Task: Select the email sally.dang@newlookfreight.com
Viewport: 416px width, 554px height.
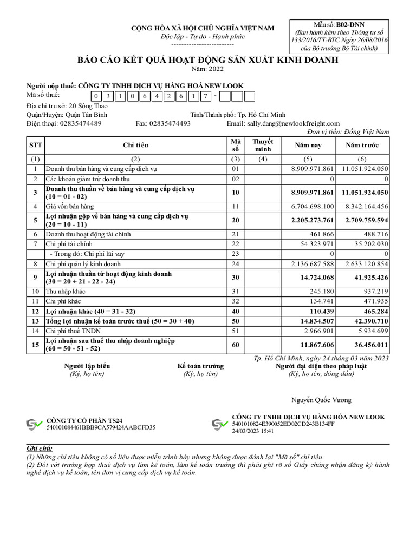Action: tap(293, 123)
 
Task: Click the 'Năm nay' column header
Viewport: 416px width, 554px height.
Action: tap(308, 146)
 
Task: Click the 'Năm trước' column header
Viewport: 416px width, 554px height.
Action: tap(362, 146)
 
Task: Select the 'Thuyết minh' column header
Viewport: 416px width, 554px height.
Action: tap(263, 146)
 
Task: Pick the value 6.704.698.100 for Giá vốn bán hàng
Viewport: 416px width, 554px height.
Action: tap(312, 207)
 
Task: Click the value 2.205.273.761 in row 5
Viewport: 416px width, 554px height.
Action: tap(312, 221)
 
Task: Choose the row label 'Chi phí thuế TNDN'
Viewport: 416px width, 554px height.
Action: tap(73, 331)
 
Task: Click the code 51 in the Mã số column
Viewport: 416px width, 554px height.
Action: tap(235, 331)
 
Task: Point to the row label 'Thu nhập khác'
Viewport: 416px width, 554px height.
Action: tap(66, 291)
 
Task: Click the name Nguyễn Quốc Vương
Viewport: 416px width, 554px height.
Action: tap(321, 400)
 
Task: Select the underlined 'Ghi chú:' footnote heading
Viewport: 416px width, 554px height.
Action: tap(40, 449)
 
